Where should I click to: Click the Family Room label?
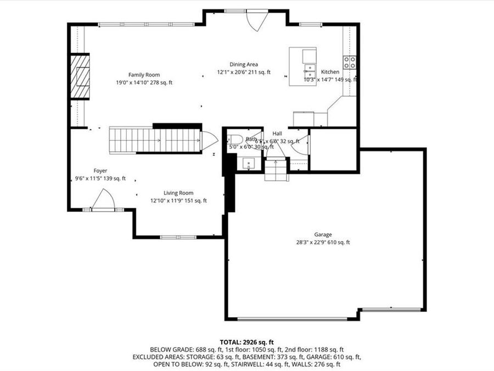click(144, 75)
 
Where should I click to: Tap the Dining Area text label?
click(244, 64)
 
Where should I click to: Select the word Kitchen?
click(330, 72)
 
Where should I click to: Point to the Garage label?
click(323, 235)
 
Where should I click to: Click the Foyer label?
click(100, 171)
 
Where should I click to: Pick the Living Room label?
click(178, 193)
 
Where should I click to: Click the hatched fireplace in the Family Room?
click(80, 76)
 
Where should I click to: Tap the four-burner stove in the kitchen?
click(350, 62)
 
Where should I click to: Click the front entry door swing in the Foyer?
click(103, 200)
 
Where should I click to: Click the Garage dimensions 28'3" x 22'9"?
click(323, 242)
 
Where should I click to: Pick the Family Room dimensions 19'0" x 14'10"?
click(144, 82)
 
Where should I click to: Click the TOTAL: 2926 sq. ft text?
click(246, 341)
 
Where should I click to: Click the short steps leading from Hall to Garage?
click(276, 171)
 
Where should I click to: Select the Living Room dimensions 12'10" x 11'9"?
click(178, 201)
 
